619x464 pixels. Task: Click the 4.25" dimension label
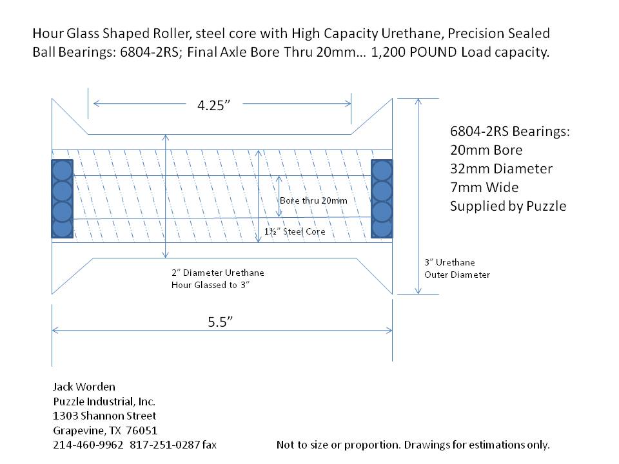pyautogui.click(x=213, y=105)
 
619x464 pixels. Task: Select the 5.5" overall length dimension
pyautogui.click(x=220, y=322)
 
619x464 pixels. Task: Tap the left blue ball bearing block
pyautogui.click(x=63, y=199)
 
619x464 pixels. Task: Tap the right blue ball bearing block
pyautogui.click(x=382, y=199)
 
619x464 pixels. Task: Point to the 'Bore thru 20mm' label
pyautogui.click(x=313, y=200)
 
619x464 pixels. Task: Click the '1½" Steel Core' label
pyautogui.click(x=295, y=231)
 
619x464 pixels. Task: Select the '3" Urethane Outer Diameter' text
pyautogui.click(x=457, y=268)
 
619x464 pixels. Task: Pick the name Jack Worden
pyautogui.click(x=84, y=387)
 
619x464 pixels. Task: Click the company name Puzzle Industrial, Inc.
pyautogui.click(x=104, y=401)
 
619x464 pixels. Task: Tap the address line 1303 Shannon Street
pyautogui.click(x=104, y=416)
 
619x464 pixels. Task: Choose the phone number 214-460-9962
pyautogui.click(x=88, y=445)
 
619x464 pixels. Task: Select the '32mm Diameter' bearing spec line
pyautogui.click(x=502, y=168)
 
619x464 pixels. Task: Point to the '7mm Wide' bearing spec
pyautogui.click(x=484, y=187)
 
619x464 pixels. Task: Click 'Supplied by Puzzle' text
pyautogui.click(x=508, y=206)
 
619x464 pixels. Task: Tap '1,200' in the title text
pyautogui.click(x=388, y=52)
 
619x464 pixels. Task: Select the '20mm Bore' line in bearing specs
pyautogui.click(x=486, y=150)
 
